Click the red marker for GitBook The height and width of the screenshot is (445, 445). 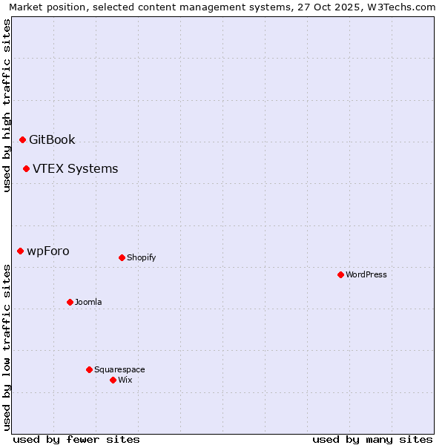(x=22, y=139)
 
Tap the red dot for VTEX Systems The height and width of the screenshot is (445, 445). (x=26, y=168)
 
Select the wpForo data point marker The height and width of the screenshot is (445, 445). (x=20, y=251)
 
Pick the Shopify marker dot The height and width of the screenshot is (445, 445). (x=122, y=257)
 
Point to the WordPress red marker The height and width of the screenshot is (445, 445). (x=340, y=274)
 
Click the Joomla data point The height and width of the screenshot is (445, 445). (x=70, y=302)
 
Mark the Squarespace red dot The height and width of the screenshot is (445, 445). (x=89, y=369)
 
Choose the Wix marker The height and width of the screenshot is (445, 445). (x=113, y=380)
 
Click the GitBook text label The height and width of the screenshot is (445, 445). (x=52, y=139)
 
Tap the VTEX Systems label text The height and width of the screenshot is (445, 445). (x=75, y=168)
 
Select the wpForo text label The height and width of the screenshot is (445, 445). (x=48, y=251)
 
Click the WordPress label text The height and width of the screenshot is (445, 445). (x=366, y=274)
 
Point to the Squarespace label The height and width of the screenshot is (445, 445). (x=119, y=369)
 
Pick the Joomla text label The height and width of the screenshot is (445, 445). (x=88, y=302)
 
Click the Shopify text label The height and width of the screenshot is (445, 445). (x=141, y=257)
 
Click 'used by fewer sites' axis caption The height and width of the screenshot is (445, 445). (x=76, y=439)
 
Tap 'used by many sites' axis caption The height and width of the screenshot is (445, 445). (x=372, y=439)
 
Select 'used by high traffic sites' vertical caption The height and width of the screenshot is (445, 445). (x=7, y=105)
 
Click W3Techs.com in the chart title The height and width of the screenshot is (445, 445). (x=400, y=7)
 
